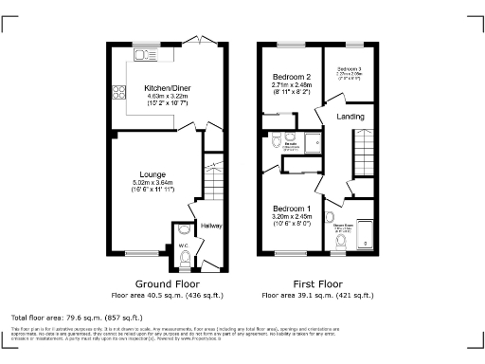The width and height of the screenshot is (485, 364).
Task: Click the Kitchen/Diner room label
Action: click(x=164, y=84)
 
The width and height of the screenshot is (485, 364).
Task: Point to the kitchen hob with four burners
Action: click(x=120, y=93)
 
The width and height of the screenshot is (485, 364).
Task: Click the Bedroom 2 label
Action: click(x=293, y=77)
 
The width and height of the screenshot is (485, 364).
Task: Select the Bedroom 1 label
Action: click(x=293, y=208)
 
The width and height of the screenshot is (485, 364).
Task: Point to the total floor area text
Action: click(x=77, y=317)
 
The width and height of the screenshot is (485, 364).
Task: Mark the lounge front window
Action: click(x=141, y=252)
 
